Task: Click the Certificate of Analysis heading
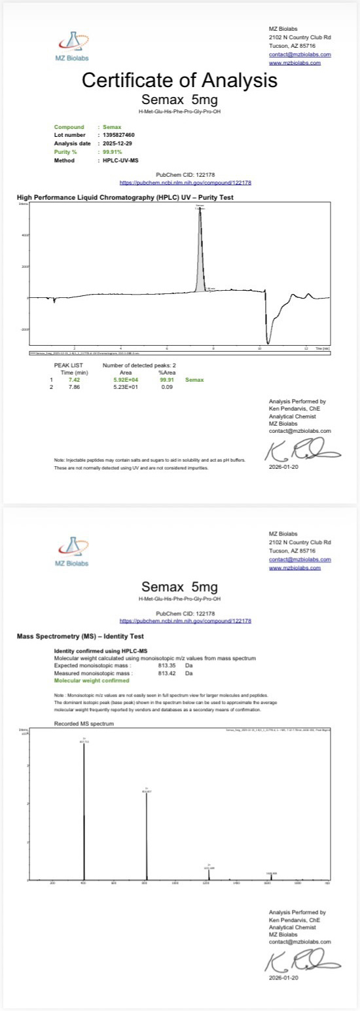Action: click(x=179, y=81)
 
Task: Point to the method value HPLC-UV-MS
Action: click(x=117, y=160)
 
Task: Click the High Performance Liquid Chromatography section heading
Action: click(x=124, y=197)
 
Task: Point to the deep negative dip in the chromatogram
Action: click(x=268, y=337)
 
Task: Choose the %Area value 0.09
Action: click(x=166, y=387)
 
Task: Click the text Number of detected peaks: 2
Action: click(x=137, y=364)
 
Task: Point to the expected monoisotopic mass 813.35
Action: click(x=169, y=664)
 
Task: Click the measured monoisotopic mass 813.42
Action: click(x=169, y=672)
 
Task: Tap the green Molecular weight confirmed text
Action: click(x=96, y=680)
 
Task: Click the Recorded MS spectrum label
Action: click(x=84, y=724)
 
